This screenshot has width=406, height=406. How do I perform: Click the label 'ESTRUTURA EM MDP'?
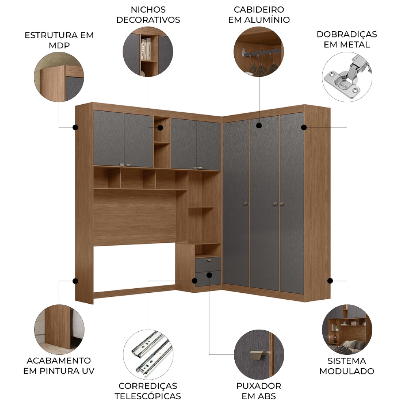click(x=59, y=40)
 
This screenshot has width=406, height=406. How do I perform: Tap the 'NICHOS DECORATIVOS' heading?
click(x=148, y=15)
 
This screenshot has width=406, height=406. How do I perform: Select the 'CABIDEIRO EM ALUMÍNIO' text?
click(x=259, y=15)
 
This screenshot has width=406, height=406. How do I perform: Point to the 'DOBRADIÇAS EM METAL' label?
click(x=347, y=39)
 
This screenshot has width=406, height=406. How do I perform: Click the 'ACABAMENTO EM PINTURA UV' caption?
click(x=59, y=366)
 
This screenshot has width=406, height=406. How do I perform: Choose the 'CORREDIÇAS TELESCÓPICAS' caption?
click(x=148, y=391)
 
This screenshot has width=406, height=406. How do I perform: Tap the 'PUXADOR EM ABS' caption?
click(x=259, y=391)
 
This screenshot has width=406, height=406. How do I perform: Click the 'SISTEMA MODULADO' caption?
click(x=347, y=366)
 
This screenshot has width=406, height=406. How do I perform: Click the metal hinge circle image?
click(x=347, y=77)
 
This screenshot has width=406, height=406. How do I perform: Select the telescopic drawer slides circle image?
click(x=148, y=354)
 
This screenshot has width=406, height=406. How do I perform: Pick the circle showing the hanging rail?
click(x=259, y=52)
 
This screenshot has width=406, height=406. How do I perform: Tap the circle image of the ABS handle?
click(x=259, y=354)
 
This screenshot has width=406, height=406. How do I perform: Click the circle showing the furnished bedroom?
click(x=347, y=329)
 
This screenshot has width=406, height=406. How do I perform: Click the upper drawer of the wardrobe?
click(x=208, y=263)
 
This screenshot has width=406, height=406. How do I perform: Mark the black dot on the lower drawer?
click(x=209, y=275)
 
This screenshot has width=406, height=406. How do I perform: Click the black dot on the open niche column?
click(x=160, y=127)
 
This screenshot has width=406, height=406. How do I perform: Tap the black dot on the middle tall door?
click(x=259, y=125)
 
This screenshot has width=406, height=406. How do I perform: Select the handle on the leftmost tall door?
click(x=246, y=204)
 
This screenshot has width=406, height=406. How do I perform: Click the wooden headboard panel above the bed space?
click(x=135, y=218)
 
